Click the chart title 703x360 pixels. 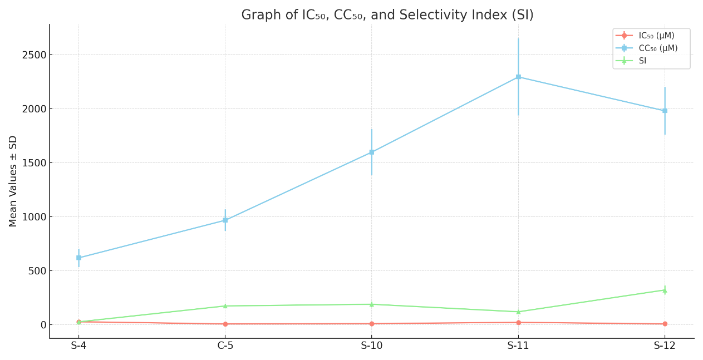click(x=387, y=15)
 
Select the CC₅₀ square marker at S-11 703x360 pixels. click(x=518, y=77)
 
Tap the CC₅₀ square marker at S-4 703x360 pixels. click(x=78, y=258)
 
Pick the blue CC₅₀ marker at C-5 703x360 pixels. click(x=225, y=220)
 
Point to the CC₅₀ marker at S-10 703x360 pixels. click(x=372, y=152)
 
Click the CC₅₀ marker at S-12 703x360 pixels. click(x=665, y=111)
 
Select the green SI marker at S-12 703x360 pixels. click(x=665, y=290)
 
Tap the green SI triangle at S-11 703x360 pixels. click(x=518, y=312)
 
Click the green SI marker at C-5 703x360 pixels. click(x=225, y=306)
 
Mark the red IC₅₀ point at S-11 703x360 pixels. click(x=518, y=323)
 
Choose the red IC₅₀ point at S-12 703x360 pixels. click(x=665, y=324)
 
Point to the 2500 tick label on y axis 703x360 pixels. click(x=35, y=55)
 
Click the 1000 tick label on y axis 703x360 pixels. click(x=35, y=217)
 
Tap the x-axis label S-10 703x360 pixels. click(x=372, y=346)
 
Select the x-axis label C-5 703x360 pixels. click(x=225, y=346)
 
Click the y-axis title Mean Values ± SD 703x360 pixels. click(x=13, y=181)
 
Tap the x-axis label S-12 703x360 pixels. click(x=665, y=346)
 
